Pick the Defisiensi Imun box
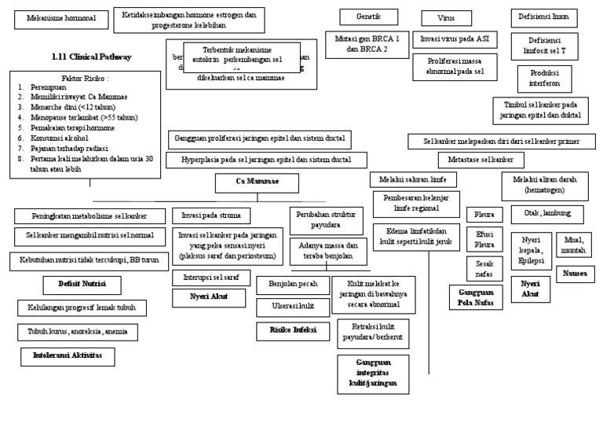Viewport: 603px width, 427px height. [544, 17]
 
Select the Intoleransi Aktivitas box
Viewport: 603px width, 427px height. [68, 356]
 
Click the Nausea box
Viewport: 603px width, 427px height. [575, 273]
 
